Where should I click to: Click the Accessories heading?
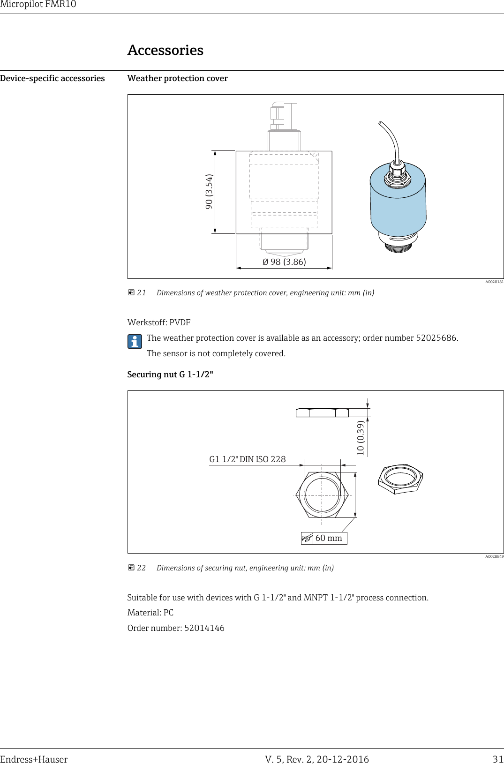[165, 50]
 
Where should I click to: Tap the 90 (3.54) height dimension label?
[209, 192]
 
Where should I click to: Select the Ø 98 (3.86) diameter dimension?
[284, 262]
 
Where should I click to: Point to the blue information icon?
[135, 342]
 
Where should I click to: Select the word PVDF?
[180, 322]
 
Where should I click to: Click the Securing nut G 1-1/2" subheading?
[170, 375]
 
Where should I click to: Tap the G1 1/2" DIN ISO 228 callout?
[247, 459]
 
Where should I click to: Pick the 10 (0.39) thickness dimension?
[360, 438]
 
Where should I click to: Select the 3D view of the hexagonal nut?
[400, 479]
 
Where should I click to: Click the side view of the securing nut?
[322, 412]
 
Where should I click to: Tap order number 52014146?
[204, 628]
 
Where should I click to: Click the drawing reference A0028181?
[494, 282]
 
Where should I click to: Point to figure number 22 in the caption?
[141, 568]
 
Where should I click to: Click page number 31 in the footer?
[498, 759]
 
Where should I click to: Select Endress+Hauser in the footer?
[34, 759]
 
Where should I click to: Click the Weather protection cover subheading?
[177, 78]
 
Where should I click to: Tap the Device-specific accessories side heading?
[53, 78]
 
